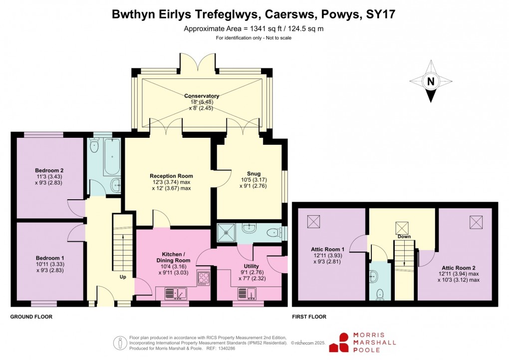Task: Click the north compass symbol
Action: tap(431, 81)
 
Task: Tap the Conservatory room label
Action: tap(202, 96)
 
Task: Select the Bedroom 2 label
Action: tap(49, 170)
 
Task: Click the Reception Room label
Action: tap(171, 176)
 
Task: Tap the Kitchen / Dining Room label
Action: tap(174, 257)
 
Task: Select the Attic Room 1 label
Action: tap(328, 249)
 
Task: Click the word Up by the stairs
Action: tap(122, 276)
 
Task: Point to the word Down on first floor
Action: tap(404, 236)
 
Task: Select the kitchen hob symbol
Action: tap(204, 278)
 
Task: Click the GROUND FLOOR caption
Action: tap(31, 317)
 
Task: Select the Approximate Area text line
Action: tap(254, 28)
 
